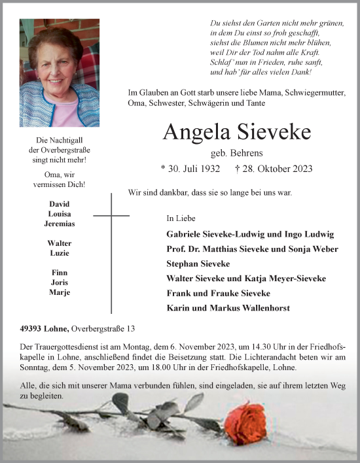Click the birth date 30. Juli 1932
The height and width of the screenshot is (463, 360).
click(190, 169)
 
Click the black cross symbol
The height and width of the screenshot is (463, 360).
click(111, 216)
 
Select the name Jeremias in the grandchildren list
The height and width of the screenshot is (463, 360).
click(58, 224)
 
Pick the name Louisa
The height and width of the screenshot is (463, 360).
click(59, 214)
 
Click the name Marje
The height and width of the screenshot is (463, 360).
click(59, 292)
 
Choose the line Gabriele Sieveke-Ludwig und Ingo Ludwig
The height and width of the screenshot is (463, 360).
click(251, 234)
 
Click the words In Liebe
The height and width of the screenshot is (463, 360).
click(181, 218)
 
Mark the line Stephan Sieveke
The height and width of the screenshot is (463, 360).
click(198, 264)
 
